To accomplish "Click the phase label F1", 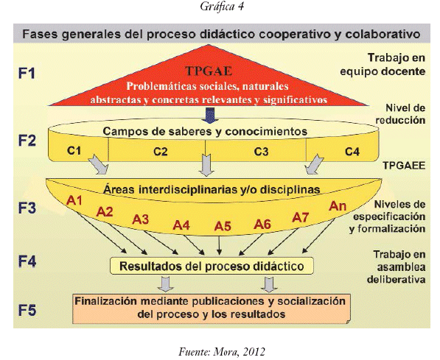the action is tap(27, 73).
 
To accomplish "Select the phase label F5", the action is tap(27, 311).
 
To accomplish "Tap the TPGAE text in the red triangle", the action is tap(209, 71).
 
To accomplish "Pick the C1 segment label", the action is tap(74, 151).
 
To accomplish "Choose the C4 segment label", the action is tap(352, 152).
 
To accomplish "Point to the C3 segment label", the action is tap(261, 152).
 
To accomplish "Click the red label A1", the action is tap(74, 200).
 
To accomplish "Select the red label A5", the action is tap(223, 226).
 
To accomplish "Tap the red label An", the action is tap(338, 206).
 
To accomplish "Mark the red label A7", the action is tap(301, 217).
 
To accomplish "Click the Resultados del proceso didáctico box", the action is tap(212, 266).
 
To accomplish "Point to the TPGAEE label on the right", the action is tap(404, 166).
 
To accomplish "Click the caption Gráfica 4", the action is tap(222, 7).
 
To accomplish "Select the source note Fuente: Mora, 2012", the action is tap(222, 351).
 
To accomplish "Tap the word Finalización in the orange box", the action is tap(106, 301).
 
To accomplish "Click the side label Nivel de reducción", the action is tap(401, 114).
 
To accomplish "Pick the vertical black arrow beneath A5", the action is tap(220, 245).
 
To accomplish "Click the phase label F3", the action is tap(27, 208).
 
